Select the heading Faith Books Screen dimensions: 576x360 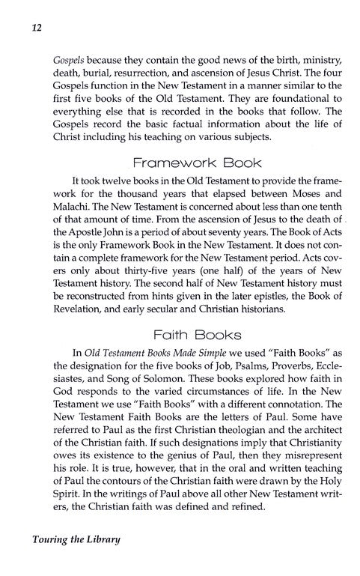point(180,341)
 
